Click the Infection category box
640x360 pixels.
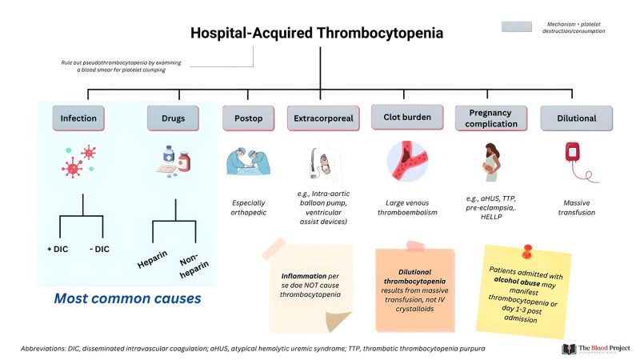pyautogui.click(x=78, y=118)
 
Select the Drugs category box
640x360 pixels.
pyautogui.click(x=173, y=118)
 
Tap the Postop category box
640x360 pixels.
pyautogui.click(x=249, y=118)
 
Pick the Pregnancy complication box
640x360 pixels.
pyautogui.click(x=490, y=118)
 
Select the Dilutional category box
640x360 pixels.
pyautogui.click(x=577, y=118)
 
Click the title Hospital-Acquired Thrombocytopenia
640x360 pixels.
pyautogui.click(x=316, y=34)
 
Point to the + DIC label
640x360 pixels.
pyautogui.click(x=60, y=250)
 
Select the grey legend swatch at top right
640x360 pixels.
pyautogui.click(x=516, y=26)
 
